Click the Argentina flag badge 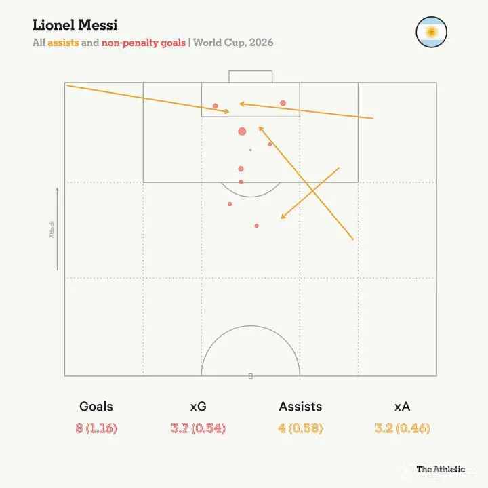431,32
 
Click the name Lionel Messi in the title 75,25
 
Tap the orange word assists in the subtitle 63,42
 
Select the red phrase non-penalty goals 144,43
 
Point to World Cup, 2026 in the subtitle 233,42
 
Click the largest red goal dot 242,131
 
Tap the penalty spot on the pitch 251,150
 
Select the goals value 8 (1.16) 96,428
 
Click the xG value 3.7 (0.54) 198,428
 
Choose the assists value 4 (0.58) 300,428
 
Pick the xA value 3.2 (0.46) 403,428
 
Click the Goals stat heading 96,407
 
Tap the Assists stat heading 300,407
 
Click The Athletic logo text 441,469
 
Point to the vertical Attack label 52,229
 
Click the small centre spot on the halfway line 251,376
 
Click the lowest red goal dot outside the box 256,226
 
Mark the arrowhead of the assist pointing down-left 283,216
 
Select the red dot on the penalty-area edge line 241,182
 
